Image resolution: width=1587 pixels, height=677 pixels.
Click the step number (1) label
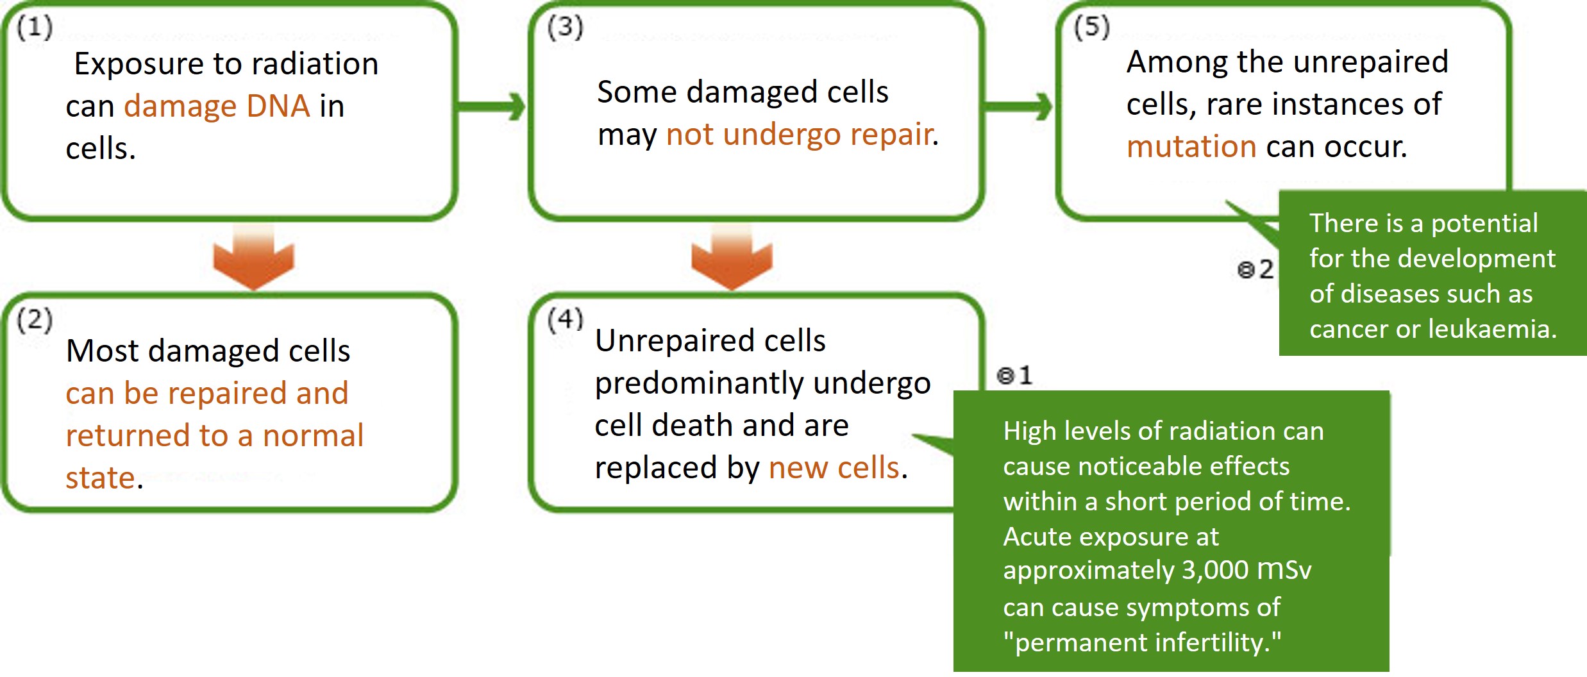[35, 28]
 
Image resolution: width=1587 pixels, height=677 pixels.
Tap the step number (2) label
[35, 319]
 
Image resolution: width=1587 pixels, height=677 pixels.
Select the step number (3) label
[565, 28]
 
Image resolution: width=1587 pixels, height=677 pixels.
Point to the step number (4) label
[565, 319]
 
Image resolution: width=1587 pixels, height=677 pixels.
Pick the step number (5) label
[1091, 28]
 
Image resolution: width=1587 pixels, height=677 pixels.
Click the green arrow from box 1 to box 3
[492, 106]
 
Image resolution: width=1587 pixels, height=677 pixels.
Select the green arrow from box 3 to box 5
[1019, 106]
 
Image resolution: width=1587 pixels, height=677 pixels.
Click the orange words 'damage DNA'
[217, 106]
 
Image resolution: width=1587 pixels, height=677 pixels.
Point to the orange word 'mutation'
[1191, 147]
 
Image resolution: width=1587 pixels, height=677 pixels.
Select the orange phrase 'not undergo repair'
[799, 135]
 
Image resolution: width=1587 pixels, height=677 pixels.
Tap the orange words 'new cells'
[834, 467]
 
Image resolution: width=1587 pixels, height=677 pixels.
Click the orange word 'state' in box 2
[100, 478]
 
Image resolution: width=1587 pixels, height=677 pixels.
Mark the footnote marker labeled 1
[1014, 375]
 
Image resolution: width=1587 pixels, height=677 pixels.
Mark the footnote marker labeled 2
[1255, 269]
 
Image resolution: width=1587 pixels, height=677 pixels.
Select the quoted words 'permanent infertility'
[1141, 642]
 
